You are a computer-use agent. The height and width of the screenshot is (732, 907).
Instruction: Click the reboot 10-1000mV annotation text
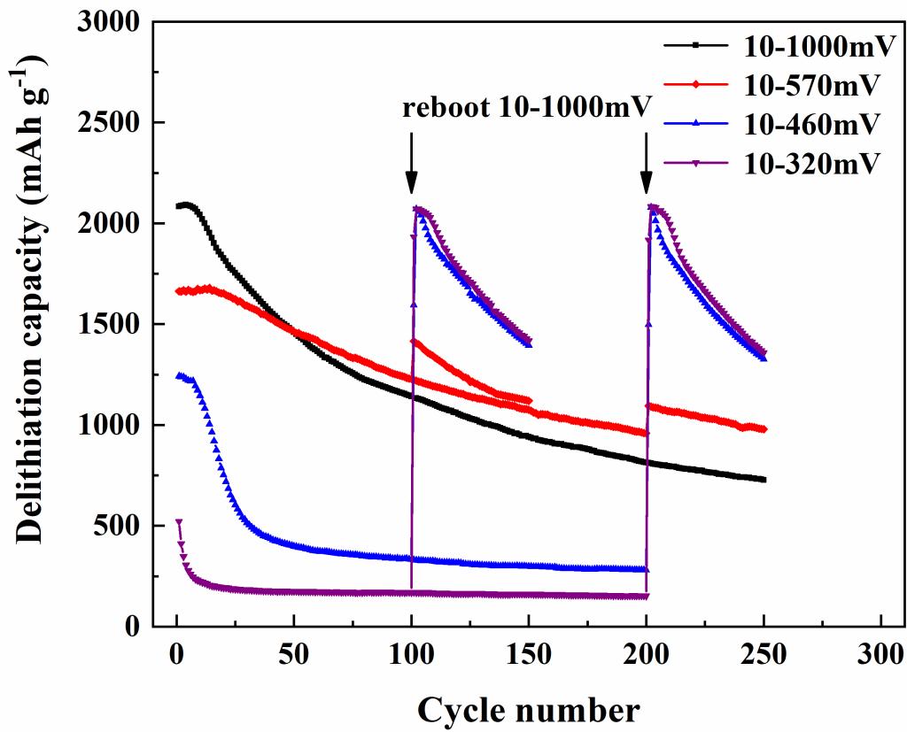(x=527, y=109)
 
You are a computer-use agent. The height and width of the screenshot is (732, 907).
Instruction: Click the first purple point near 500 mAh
(x=179, y=523)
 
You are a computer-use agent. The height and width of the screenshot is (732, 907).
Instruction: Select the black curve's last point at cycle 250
(x=763, y=480)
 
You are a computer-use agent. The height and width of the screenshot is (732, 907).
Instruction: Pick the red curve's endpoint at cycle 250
(x=764, y=429)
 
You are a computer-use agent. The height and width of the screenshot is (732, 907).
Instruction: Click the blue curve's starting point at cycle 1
(x=179, y=376)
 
